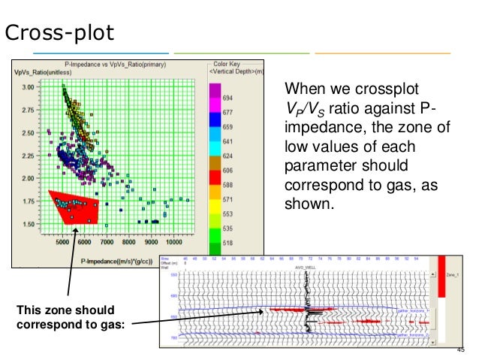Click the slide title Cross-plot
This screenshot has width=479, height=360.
[x=59, y=33]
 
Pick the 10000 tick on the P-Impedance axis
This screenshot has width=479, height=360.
[x=173, y=242]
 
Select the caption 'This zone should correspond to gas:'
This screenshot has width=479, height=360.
[x=67, y=318]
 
